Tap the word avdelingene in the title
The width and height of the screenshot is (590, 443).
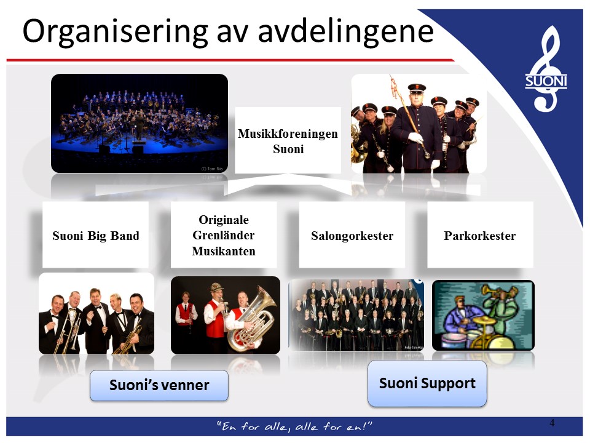[x=345, y=31]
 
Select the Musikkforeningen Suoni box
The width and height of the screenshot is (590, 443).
[x=288, y=140]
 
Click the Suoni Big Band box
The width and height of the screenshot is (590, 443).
[x=96, y=234]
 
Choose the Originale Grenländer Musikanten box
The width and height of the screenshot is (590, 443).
[x=224, y=234]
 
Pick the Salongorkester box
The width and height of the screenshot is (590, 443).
[x=352, y=234]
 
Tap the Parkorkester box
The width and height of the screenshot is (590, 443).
[x=480, y=234]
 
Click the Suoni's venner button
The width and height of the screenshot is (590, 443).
[x=159, y=385]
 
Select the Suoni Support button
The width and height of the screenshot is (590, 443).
[x=427, y=383]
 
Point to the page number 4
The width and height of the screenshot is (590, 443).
[x=552, y=423]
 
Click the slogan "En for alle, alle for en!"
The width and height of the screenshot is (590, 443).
[x=294, y=426]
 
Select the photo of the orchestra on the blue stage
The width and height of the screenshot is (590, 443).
[x=140, y=123]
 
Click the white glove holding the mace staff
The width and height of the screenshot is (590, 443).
[x=416, y=138]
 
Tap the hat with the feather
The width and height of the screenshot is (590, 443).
[x=217, y=287]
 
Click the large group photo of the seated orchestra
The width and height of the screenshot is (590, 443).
[x=356, y=315]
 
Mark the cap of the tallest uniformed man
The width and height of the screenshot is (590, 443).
[x=417, y=88]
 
